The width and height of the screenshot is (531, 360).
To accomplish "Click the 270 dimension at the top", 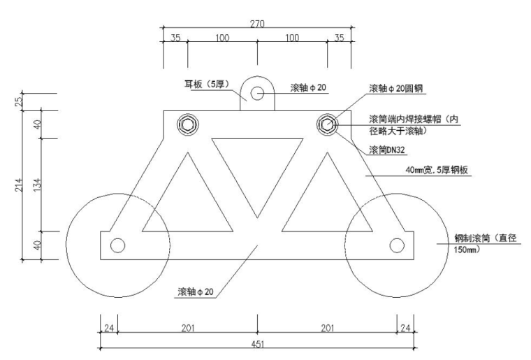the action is [x=258, y=23].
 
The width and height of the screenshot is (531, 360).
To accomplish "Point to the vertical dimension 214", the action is [x=19, y=185].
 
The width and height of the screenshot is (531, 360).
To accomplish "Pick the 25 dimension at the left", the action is [x=19, y=101].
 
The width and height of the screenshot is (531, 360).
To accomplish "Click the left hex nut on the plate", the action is [x=188, y=125].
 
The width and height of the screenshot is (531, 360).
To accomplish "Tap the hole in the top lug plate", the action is [x=258, y=92].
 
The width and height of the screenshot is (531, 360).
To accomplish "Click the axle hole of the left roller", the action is [x=117, y=245].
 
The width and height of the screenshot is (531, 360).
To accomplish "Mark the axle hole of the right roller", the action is [x=398, y=245].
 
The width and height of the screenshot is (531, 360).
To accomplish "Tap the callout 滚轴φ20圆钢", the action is [x=396, y=89].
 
